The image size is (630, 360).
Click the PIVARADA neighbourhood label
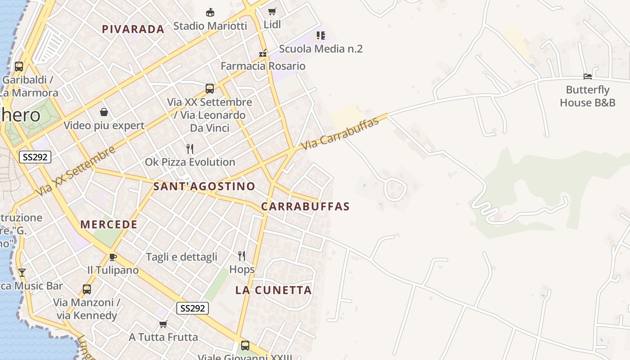tap(133, 29)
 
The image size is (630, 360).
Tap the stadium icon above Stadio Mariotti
tap(210, 12)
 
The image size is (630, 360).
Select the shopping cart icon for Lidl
tap(272, 11)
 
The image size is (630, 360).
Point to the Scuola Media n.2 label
tap(320, 49)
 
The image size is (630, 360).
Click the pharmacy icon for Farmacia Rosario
tap(263, 53)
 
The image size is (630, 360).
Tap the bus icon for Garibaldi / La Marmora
tap(19, 67)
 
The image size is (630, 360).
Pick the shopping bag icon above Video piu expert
tap(104, 112)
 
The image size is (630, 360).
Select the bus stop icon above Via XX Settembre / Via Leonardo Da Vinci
tap(210, 88)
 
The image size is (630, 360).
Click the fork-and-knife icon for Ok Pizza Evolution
tap(190, 149)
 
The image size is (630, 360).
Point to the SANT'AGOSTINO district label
tap(204, 186)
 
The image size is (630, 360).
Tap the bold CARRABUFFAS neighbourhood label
tap(305, 207)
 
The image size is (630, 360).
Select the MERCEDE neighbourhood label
tap(109, 224)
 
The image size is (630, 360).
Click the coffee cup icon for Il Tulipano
tap(112, 257)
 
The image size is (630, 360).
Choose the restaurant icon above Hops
tap(242, 256)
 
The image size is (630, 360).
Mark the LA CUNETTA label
tap(274, 290)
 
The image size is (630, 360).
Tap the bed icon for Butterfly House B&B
tap(588, 76)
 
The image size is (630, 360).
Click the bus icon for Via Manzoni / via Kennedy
tap(86, 289)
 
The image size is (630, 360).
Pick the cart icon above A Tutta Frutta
tap(163, 324)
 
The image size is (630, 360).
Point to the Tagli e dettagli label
tap(181, 257)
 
